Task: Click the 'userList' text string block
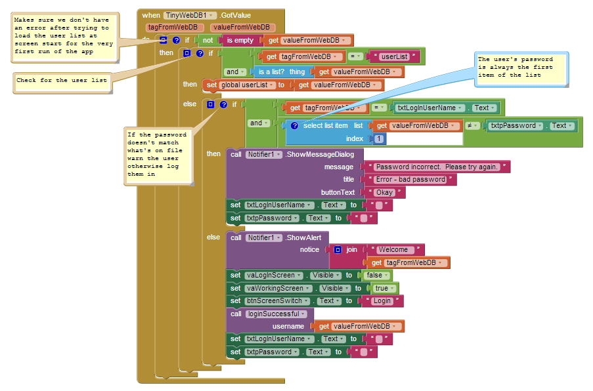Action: coord(395,56)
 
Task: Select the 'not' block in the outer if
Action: coord(208,40)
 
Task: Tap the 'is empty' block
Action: coord(240,40)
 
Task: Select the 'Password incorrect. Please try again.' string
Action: coord(437,167)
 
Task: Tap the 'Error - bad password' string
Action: coord(410,180)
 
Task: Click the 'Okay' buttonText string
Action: coord(385,192)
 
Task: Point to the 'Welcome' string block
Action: coord(394,250)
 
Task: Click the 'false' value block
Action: coord(377,276)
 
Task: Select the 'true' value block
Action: coord(384,288)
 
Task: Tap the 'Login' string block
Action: coord(382,301)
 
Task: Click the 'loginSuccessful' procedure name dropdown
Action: coord(275,314)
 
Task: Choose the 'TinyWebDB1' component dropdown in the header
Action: coord(190,16)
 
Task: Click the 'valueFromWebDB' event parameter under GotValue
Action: coord(242,27)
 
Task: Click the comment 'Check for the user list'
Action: coord(62,83)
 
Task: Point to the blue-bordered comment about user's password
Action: coord(521,70)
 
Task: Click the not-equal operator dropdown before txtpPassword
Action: coord(472,126)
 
